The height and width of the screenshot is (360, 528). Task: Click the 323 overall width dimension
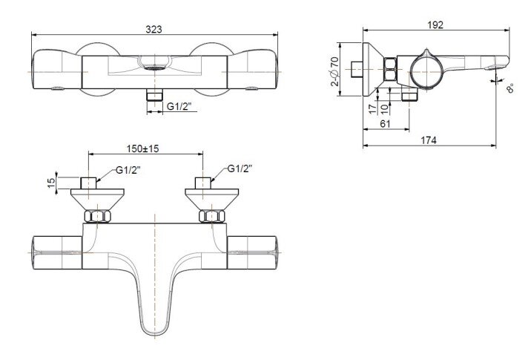155,28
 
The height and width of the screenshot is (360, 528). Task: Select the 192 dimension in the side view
435,24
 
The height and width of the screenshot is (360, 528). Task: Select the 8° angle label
510,89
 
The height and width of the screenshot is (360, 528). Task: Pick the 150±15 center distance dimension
146,148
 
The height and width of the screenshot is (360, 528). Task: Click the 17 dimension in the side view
372,108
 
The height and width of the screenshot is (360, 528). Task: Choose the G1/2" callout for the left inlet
128,170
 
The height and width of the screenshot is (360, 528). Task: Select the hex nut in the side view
391,72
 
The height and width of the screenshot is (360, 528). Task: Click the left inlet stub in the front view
89,183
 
